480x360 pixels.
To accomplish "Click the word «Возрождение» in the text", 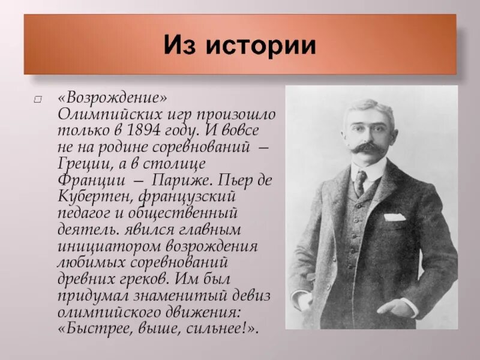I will (x=113, y=97).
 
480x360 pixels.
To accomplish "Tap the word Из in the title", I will (x=179, y=45).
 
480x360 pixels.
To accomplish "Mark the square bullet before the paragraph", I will (x=38, y=98).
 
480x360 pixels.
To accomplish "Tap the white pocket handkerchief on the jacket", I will (x=394, y=217).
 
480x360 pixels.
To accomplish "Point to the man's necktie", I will (x=359, y=182).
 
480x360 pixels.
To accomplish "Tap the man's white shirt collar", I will (x=375, y=171).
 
